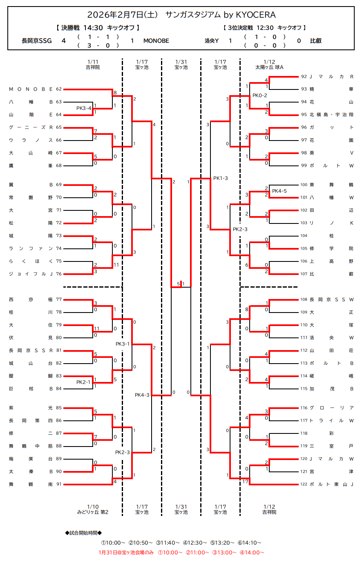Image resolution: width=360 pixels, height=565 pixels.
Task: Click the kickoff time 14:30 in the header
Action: pos(93,28)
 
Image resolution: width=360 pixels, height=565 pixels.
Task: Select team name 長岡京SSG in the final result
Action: pos(37,41)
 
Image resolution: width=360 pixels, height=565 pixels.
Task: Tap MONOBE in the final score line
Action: pos(156,41)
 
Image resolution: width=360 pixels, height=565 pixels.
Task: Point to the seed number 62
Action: pos(59,89)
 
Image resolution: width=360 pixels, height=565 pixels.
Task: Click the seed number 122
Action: pos(304,484)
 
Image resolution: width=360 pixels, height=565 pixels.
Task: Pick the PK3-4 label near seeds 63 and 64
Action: pos(84,108)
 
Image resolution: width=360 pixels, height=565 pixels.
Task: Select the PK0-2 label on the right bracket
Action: pos(259,96)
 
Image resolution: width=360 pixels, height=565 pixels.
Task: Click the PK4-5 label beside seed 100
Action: pos(279,191)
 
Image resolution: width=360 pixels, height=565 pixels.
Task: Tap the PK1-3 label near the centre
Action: pos(221,178)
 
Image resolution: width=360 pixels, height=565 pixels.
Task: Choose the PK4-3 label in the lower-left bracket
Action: pos(142,395)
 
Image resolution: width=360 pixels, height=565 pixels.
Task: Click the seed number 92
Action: pos(304,76)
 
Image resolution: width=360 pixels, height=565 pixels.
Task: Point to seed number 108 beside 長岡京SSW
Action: pos(304,299)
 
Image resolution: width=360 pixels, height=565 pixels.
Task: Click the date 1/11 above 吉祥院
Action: pos(93,62)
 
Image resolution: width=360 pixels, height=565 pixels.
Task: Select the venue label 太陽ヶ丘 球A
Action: pos(269,67)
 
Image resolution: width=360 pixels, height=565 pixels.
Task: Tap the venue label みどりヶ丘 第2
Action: pos(93,512)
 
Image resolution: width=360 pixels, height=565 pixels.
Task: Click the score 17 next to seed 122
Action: pos(245,481)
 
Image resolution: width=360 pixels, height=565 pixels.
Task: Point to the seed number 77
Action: pos(59,299)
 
